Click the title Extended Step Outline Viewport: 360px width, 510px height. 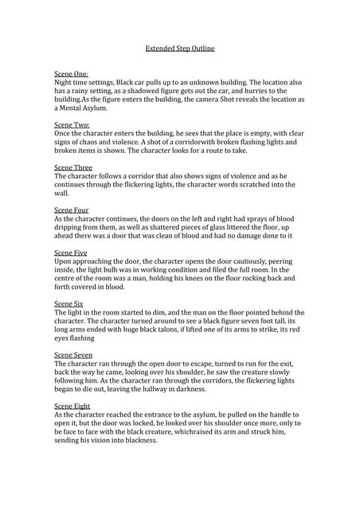tap(179, 49)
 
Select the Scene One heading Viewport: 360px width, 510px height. tap(71, 73)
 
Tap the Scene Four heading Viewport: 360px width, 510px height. tap(72, 210)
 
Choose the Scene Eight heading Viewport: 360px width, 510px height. tap(72, 406)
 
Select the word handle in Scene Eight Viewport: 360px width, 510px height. tap(280, 415)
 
